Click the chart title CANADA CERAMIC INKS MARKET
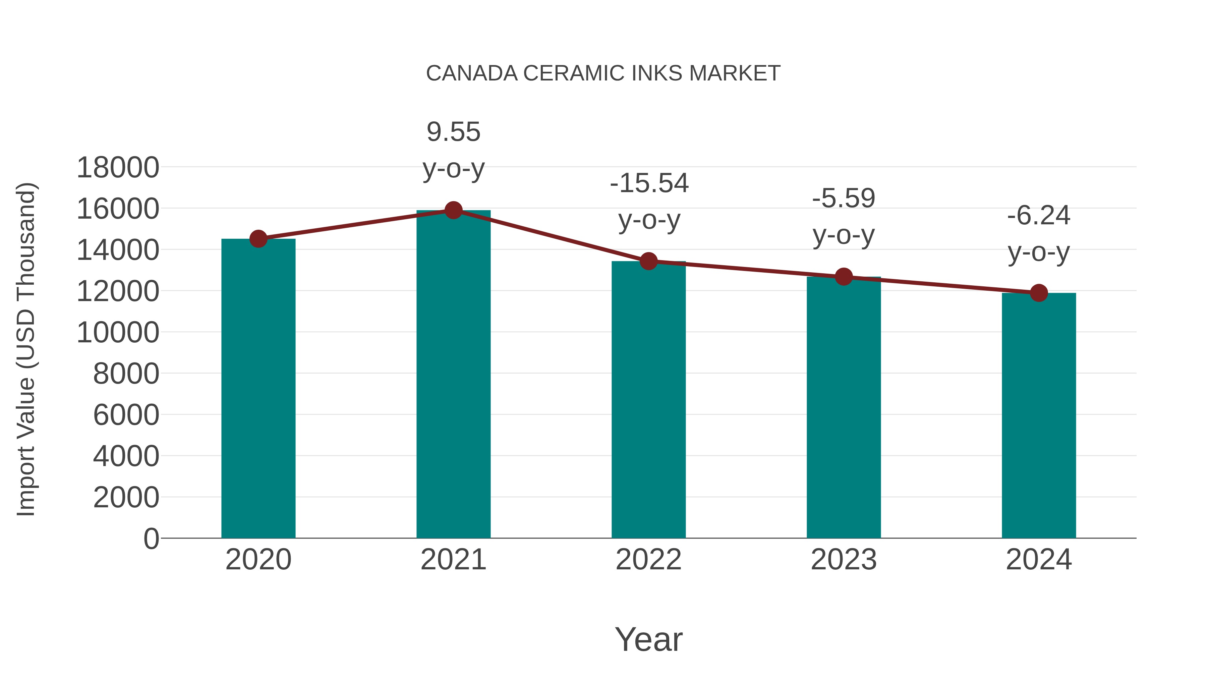tap(603, 73)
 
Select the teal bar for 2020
tap(258, 389)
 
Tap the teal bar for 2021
tap(453, 375)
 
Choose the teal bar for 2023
tap(844, 408)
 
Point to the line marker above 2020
tap(258, 239)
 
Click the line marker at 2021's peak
tap(453, 210)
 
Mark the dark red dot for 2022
tap(648, 261)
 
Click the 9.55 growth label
tap(453, 132)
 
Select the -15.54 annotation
tap(649, 183)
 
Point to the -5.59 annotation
tap(844, 198)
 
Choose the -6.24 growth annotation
tap(1039, 216)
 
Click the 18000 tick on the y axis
tap(118, 168)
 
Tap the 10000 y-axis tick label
tap(118, 333)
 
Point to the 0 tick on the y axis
tap(151, 539)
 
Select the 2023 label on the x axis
tap(844, 560)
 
